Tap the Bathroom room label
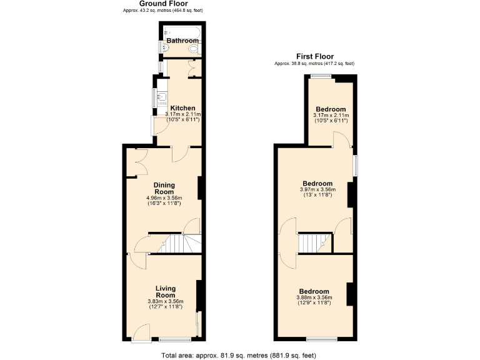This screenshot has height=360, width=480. [x=182, y=41]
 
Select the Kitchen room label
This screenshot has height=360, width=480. [x=183, y=108]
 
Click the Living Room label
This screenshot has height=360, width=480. [x=165, y=292]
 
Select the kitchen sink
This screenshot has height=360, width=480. [x=161, y=96]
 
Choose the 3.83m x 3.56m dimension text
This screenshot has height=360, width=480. [x=165, y=302]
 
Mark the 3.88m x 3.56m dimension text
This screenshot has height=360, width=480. [x=314, y=297]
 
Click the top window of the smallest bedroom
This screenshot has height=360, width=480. [x=321, y=76]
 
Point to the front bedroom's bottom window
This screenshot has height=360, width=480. [x=321, y=340]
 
